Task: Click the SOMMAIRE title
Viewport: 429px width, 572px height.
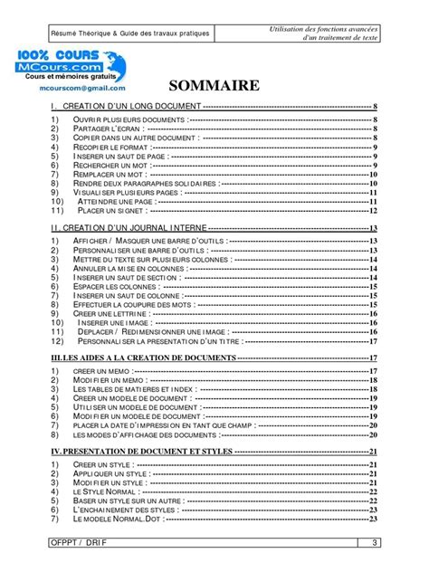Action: pos(214,87)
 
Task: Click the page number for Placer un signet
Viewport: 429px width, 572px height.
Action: pos(372,211)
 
